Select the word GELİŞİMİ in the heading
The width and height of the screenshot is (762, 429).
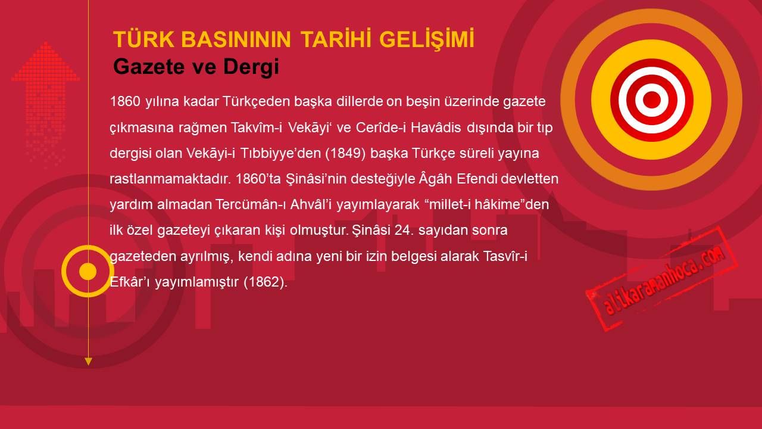tap(427, 40)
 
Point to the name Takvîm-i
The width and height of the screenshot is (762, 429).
tap(257, 128)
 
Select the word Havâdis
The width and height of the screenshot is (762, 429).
tap(436, 128)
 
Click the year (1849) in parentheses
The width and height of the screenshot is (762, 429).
tap(345, 154)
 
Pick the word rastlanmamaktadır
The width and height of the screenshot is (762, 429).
tap(170, 179)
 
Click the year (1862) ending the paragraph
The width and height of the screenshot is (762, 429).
tap(266, 282)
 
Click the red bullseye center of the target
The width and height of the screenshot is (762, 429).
tap(652, 100)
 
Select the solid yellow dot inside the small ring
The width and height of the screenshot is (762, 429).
tap(88, 271)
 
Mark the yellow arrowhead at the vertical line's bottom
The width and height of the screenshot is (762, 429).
tap(88, 362)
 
